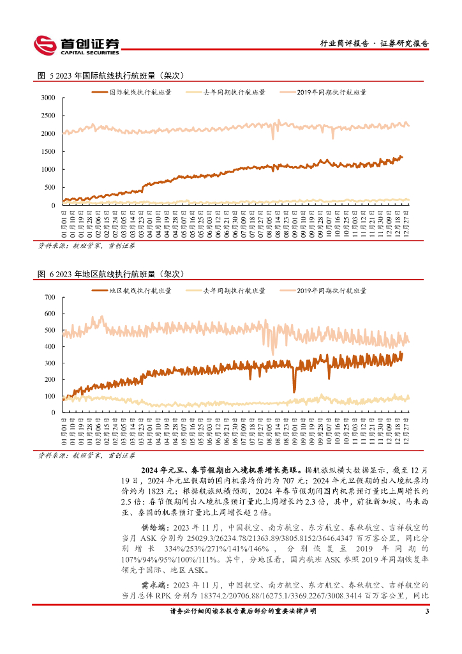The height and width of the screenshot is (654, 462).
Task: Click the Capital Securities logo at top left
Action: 77,44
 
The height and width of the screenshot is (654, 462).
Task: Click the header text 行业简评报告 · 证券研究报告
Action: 373,44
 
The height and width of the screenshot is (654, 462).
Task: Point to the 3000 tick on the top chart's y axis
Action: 48,98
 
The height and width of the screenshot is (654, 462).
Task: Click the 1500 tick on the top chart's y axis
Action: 48,151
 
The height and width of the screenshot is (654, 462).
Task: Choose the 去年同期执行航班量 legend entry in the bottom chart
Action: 234,291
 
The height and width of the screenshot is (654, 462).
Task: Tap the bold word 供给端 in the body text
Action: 153,528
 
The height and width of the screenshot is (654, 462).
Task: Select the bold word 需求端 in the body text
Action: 153,584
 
